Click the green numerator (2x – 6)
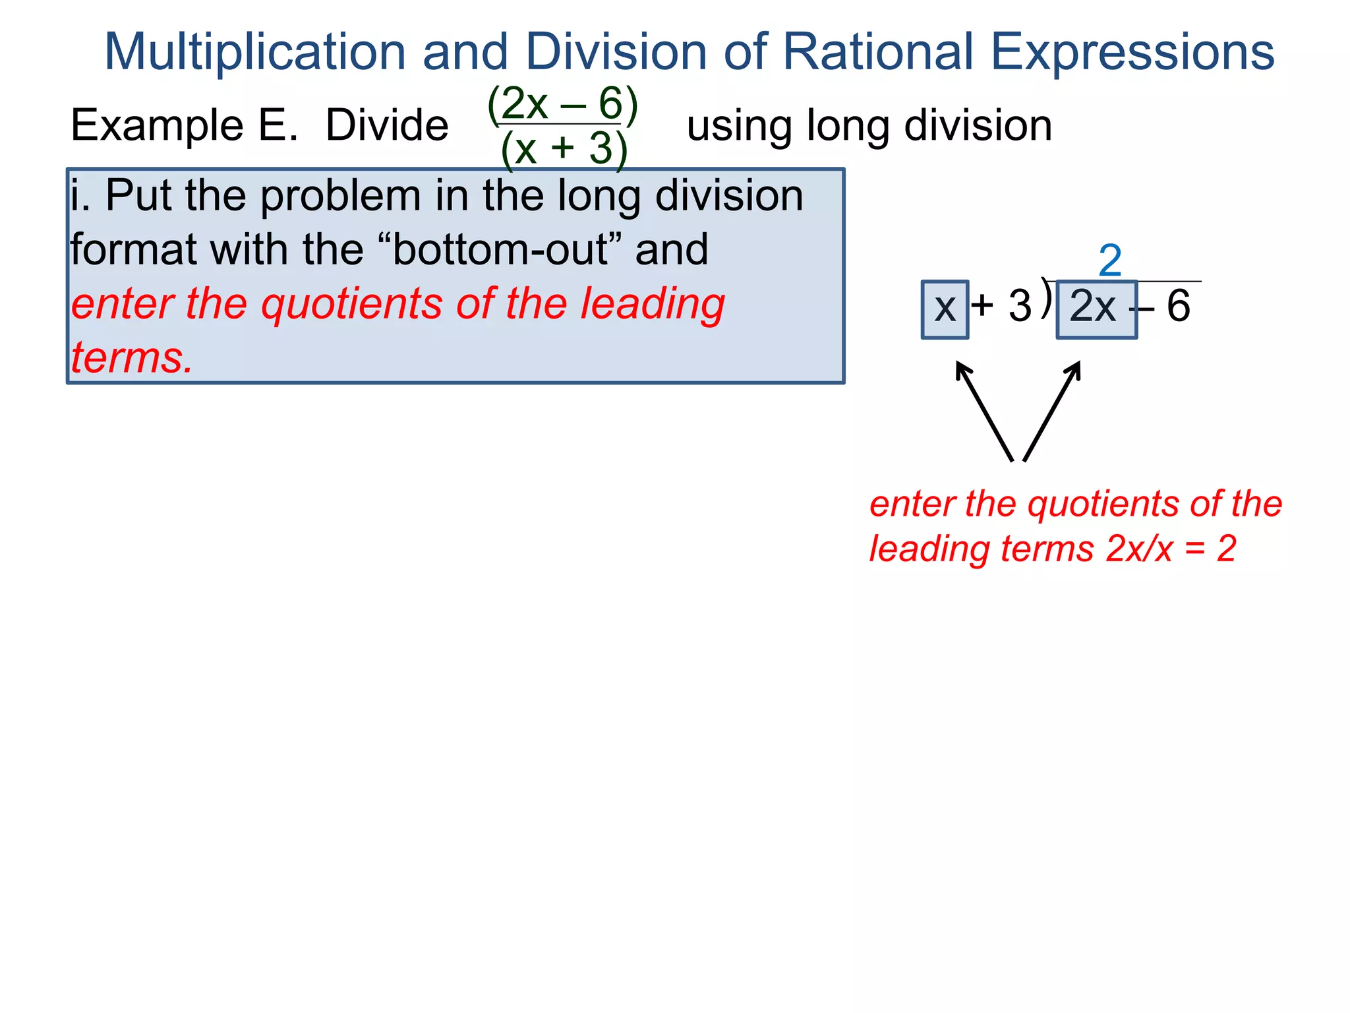coord(562,104)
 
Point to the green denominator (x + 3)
coord(564,149)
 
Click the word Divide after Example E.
coord(387,125)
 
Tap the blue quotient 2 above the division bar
coord(1110,261)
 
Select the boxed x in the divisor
coord(945,309)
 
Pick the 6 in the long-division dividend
coord(1179,307)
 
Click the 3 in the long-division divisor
coord(1020,307)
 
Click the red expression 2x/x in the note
coord(1139,549)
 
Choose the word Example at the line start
coord(157,125)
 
